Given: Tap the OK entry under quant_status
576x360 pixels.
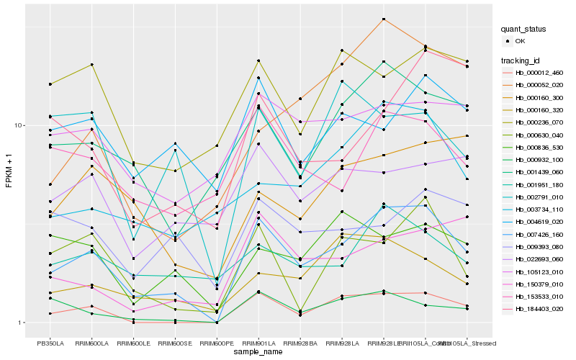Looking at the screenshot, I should [x=519, y=42].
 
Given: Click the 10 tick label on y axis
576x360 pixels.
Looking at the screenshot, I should [x=19, y=125].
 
